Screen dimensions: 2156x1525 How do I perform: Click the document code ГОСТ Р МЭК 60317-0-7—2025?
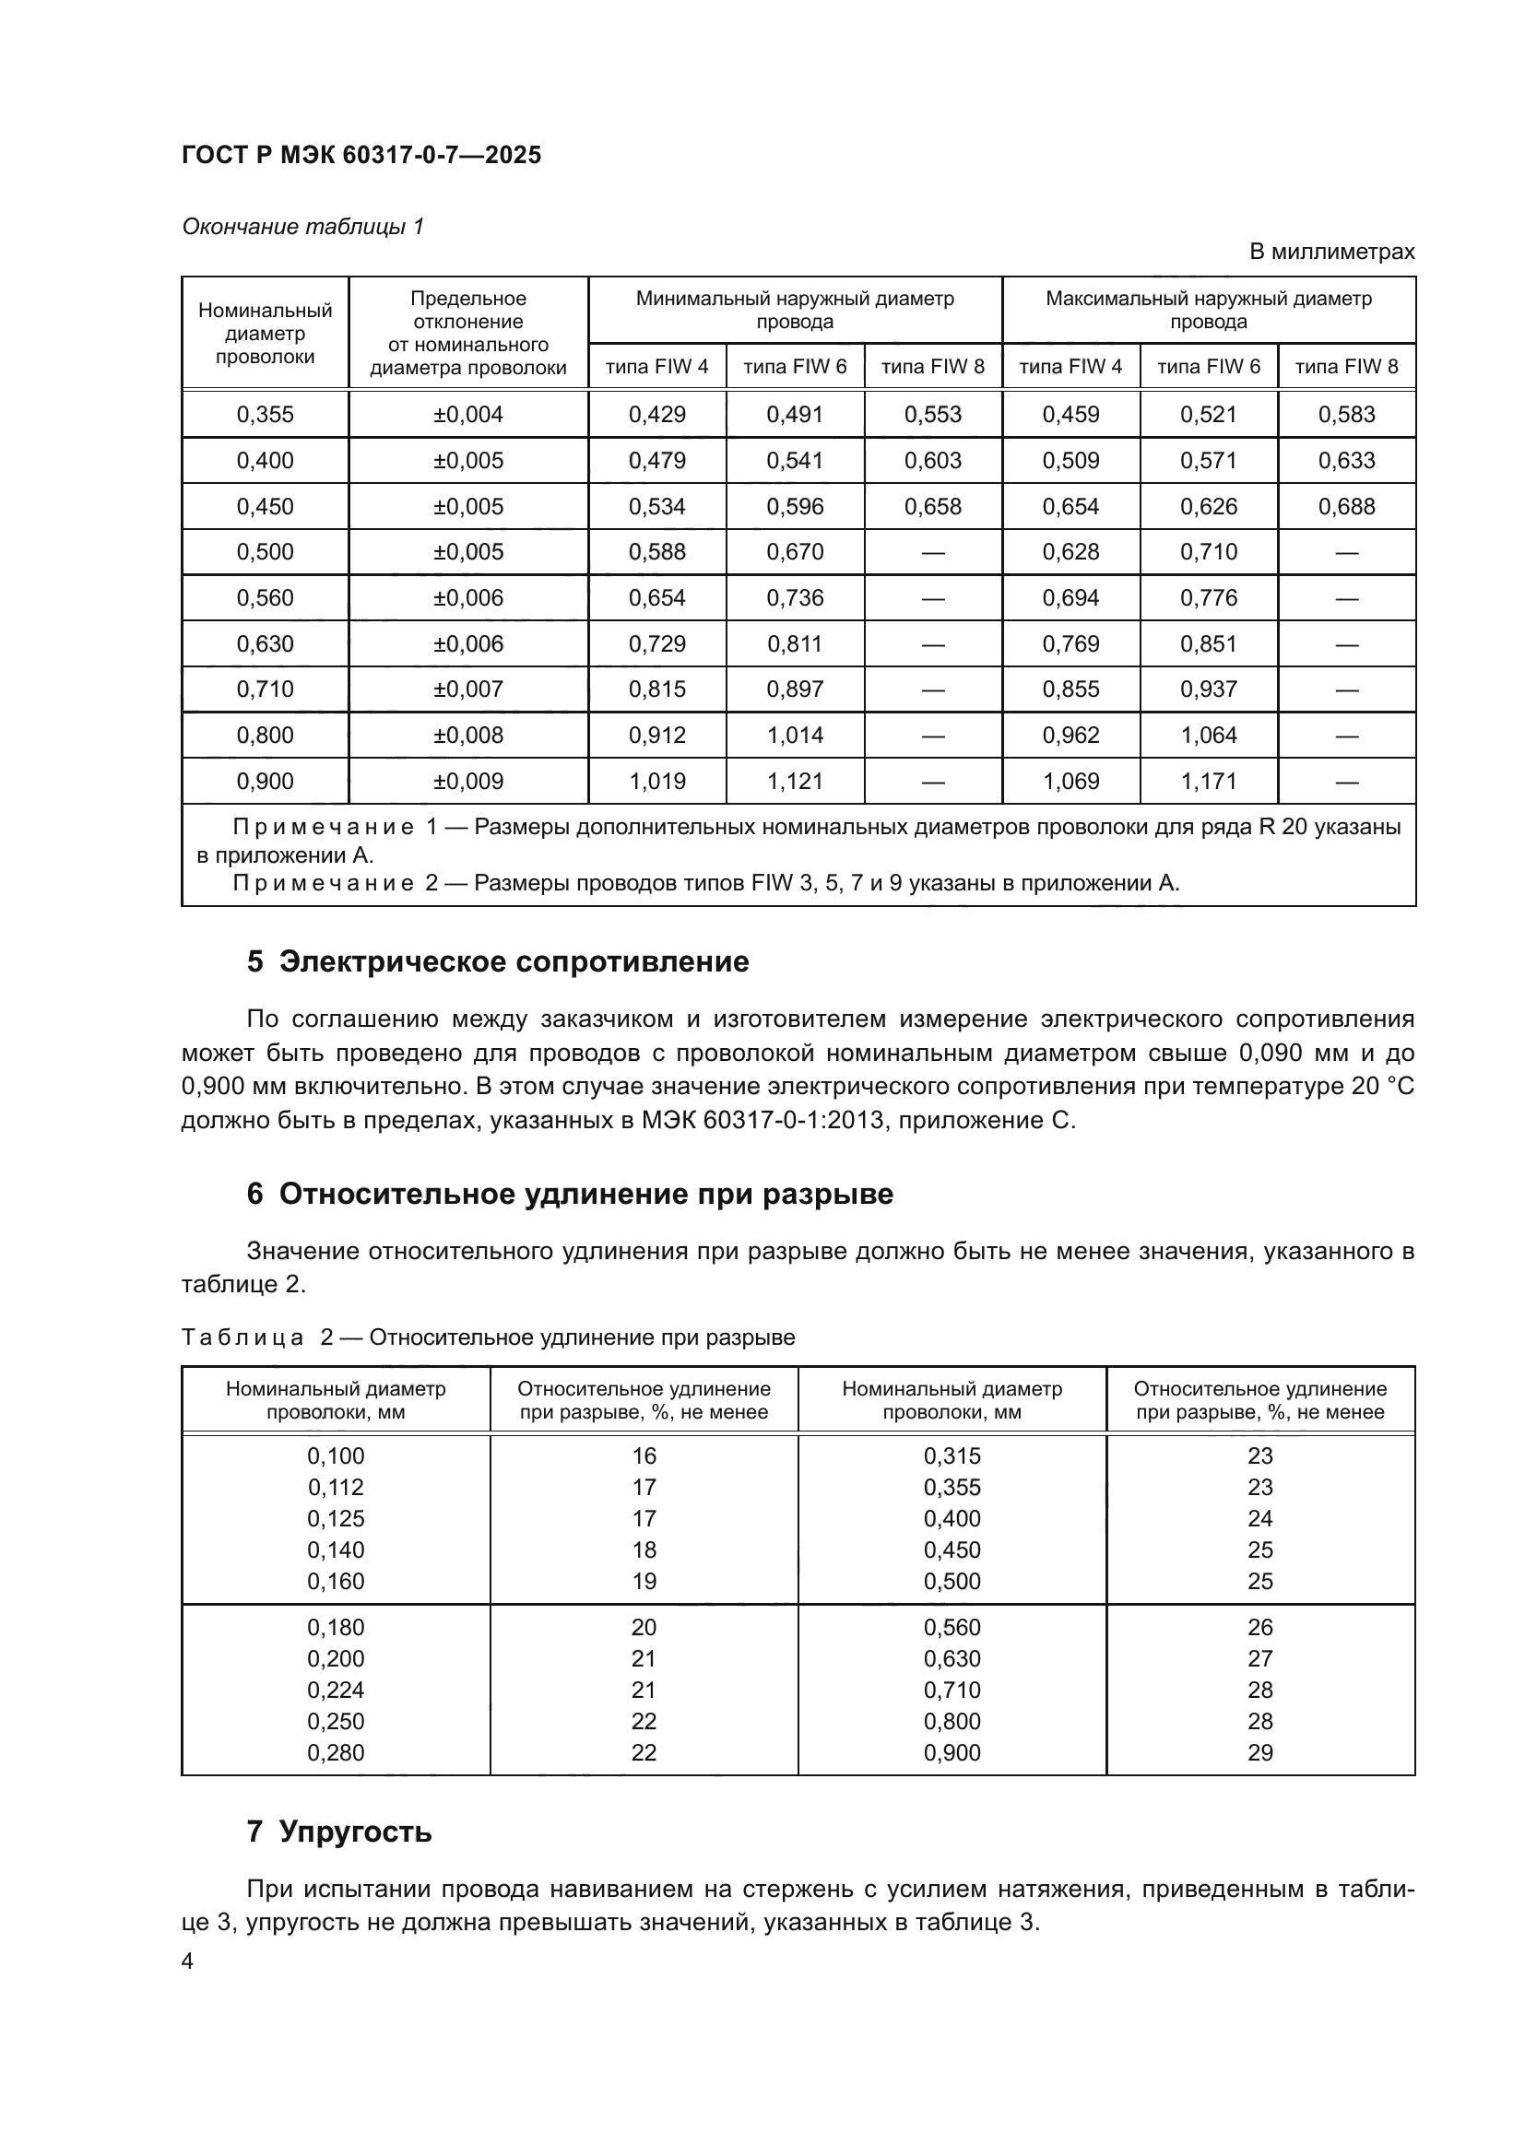click(361, 156)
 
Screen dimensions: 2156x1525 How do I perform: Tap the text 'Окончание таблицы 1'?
click(302, 227)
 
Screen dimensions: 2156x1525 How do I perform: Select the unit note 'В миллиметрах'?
click(1331, 252)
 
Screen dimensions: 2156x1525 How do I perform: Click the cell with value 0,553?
click(932, 414)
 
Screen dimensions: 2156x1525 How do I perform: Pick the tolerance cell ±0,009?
click(467, 782)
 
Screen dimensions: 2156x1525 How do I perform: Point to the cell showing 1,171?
click(1209, 782)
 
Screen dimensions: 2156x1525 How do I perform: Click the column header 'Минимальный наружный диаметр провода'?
click(795, 310)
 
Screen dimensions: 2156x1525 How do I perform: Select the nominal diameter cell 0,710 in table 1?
click(265, 689)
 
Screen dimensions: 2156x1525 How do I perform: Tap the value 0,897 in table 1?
click(795, 689)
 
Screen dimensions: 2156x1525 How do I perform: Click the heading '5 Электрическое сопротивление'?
click(498, 961)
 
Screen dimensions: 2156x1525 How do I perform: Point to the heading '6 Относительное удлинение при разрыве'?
click(569, 1194)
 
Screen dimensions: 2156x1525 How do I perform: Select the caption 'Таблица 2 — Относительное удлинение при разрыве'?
click(488, 1337)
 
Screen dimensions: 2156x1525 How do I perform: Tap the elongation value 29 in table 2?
click(1259, 1753)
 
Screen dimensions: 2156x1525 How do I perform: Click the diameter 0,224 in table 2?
click(336, 1691)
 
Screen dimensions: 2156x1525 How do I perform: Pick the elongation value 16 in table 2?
click(644, 1456)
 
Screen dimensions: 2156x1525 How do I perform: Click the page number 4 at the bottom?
click(187, 1962)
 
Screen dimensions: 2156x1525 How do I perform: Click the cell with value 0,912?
click(656, 736)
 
